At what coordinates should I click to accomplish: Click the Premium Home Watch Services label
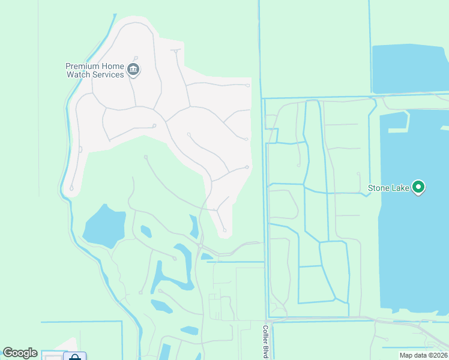click(94, 70)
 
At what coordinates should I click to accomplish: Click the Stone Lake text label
click(388, 188)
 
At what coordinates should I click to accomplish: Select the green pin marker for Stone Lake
click(419, 188)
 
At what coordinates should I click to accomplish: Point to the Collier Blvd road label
click(265, 343)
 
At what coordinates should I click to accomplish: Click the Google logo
click(20, 353)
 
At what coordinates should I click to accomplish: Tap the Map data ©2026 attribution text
click(423, 355)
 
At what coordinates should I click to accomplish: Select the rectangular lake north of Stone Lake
click(408, 68)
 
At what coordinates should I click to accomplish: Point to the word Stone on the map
click(379, 188)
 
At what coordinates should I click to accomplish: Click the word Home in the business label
click(113, 66)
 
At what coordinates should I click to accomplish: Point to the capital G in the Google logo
click(8, 353)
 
